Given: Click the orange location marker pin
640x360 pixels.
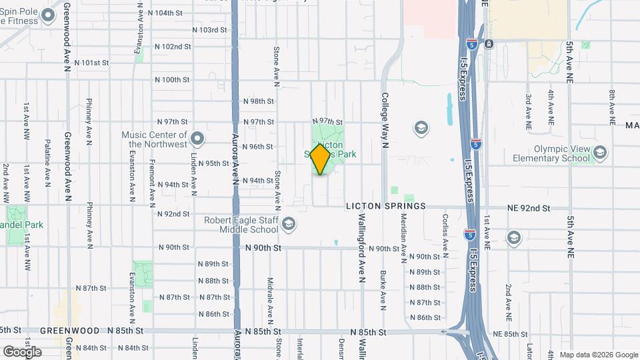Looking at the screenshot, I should [x=320, y=159].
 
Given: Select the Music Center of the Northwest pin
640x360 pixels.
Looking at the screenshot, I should [x=197, y=139].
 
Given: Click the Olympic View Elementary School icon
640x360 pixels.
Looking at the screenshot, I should [x=599, y=153].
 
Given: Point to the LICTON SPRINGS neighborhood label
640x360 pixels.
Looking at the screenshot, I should [x=385, y=207].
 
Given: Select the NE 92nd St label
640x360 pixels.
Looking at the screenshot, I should [x=528, y=208].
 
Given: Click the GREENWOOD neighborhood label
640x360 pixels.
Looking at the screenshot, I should [x=64, y=331].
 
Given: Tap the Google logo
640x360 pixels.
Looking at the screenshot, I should [x=21, y=351].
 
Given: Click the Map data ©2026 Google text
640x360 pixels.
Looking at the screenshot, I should [x=597, y=355].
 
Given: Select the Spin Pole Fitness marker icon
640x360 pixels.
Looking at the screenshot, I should [x=48, y=15].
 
